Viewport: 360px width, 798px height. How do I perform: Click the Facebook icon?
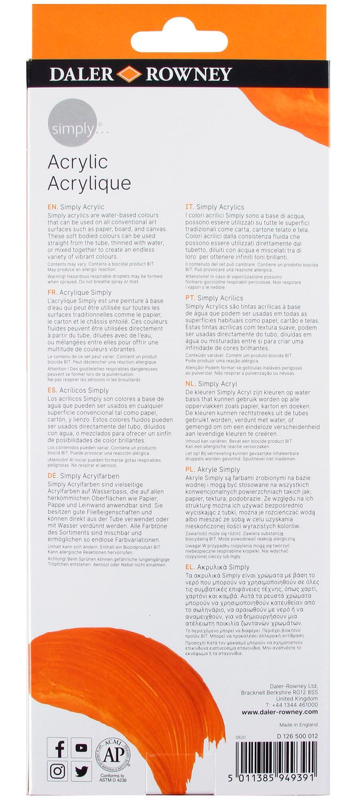[x=57, y=748]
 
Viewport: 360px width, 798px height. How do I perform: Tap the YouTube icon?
[x=81, y=748]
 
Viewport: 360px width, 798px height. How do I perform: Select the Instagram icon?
[x=57, y=771]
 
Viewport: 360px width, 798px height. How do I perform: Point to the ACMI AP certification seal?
[x=111, y=755]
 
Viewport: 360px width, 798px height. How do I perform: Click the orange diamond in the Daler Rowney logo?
[x=129, y=74]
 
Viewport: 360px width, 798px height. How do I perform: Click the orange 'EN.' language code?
[x=53, y=207]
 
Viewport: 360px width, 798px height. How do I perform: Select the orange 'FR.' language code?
[x=52, y=292]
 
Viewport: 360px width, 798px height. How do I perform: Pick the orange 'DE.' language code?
[x=53, y=476]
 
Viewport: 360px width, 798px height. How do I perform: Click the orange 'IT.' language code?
[x=190, y=207]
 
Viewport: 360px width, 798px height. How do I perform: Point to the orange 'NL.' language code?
[x=190, y=384]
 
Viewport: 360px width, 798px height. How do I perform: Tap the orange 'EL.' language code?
[x=190, y=567]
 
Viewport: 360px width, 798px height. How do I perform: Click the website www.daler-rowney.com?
[x=279, y=712]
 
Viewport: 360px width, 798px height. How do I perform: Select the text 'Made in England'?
[x=299, y=725]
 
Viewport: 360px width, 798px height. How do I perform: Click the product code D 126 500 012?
[x=297, y=736]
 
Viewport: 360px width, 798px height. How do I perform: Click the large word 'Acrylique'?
[x=89, y=183]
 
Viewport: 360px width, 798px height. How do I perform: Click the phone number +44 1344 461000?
[x=295, y=705]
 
